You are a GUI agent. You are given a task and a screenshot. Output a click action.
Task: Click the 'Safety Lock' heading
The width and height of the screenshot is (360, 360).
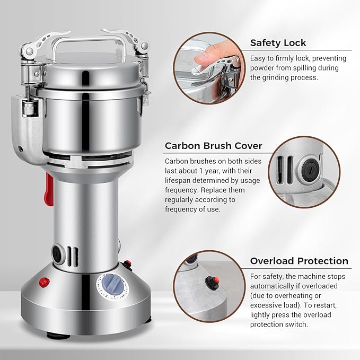point(278,43)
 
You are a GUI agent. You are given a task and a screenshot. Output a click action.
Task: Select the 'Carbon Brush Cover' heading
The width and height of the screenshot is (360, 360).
point(213,145)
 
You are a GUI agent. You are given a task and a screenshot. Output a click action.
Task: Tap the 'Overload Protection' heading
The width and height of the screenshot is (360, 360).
point(299,261)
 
